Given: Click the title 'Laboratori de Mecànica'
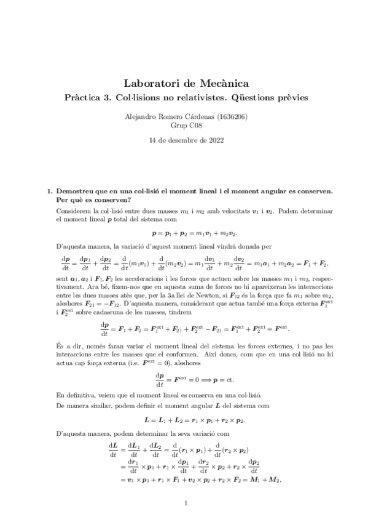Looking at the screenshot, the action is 184,82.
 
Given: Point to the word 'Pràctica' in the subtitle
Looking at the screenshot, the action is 84,97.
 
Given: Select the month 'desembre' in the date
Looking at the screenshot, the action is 182,140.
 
